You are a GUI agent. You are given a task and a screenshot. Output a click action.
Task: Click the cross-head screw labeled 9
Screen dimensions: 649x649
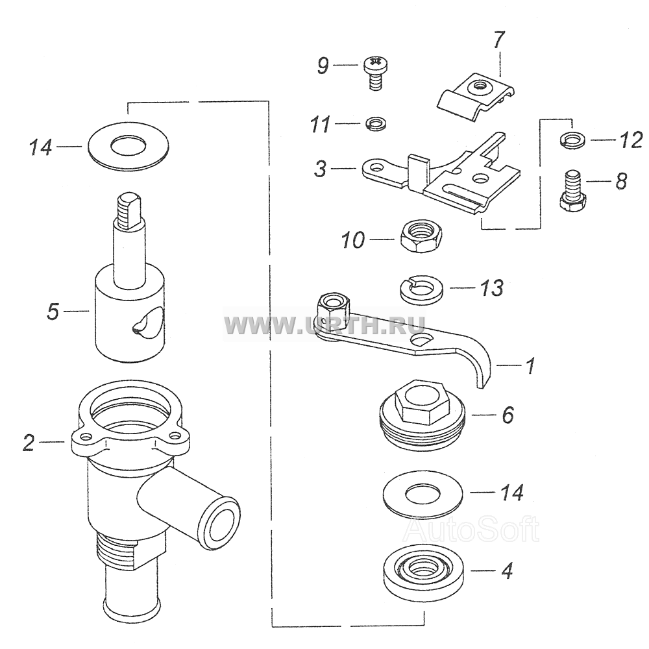coord(375,73)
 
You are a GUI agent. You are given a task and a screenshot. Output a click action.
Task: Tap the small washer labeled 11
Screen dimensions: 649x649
coord(375,124)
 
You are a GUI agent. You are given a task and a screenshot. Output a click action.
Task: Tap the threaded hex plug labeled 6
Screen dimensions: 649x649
coord(422,415)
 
